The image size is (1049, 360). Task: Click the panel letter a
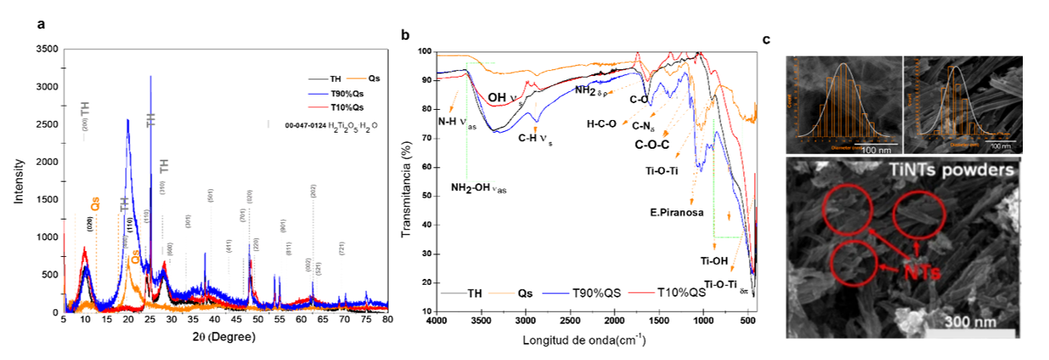coord(41,25)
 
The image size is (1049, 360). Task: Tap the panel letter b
coord(405,35)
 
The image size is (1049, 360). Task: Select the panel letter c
coord(766,40)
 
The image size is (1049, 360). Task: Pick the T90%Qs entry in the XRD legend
coord(347,93)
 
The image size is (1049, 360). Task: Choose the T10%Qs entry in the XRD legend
coord(347,107)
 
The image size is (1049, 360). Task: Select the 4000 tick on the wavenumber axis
coord(437,322)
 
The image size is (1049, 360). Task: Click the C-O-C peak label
coord(652,145)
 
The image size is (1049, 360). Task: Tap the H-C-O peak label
coord(602,124)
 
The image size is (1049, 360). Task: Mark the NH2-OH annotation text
coord(478,188)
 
